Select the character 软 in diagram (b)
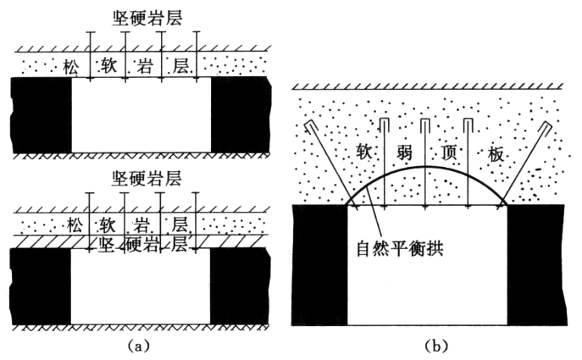tap(364, 153)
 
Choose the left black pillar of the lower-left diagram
tap(41, 286)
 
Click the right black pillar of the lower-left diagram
tap(240, 286)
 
